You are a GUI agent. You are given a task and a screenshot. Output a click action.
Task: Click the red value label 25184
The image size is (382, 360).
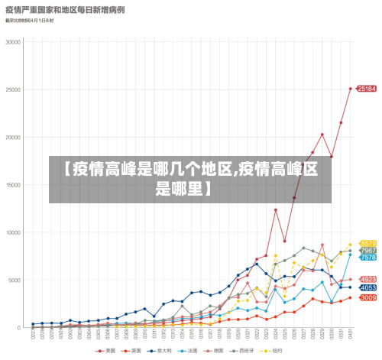[x=367, y=89]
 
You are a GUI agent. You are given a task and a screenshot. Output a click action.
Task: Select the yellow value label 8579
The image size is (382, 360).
[x=367, y=244]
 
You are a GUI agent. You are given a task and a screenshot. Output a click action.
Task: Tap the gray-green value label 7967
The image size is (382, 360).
[x=367, y=251]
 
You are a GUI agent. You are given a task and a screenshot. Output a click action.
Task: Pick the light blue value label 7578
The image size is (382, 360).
[x=367, y=258]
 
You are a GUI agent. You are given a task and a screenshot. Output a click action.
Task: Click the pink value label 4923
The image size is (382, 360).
[x=367, y=279]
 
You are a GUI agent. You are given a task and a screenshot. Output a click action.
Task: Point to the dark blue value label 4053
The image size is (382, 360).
[x=367, y=287]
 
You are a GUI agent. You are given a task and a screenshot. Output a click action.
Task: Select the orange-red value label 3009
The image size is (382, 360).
[x=367, y=297]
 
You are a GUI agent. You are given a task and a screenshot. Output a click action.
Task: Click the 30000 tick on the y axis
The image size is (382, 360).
[x=13, y=42]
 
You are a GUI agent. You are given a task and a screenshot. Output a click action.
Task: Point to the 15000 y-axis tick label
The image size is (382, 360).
[x=13, y=185]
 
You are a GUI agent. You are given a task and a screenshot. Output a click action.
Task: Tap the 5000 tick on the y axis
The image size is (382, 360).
[x=15, y=281]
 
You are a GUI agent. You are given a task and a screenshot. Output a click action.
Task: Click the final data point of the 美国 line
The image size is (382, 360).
[x=351, y=89]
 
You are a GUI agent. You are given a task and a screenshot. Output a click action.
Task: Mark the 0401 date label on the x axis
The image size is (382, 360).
[x=351, y=334]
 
